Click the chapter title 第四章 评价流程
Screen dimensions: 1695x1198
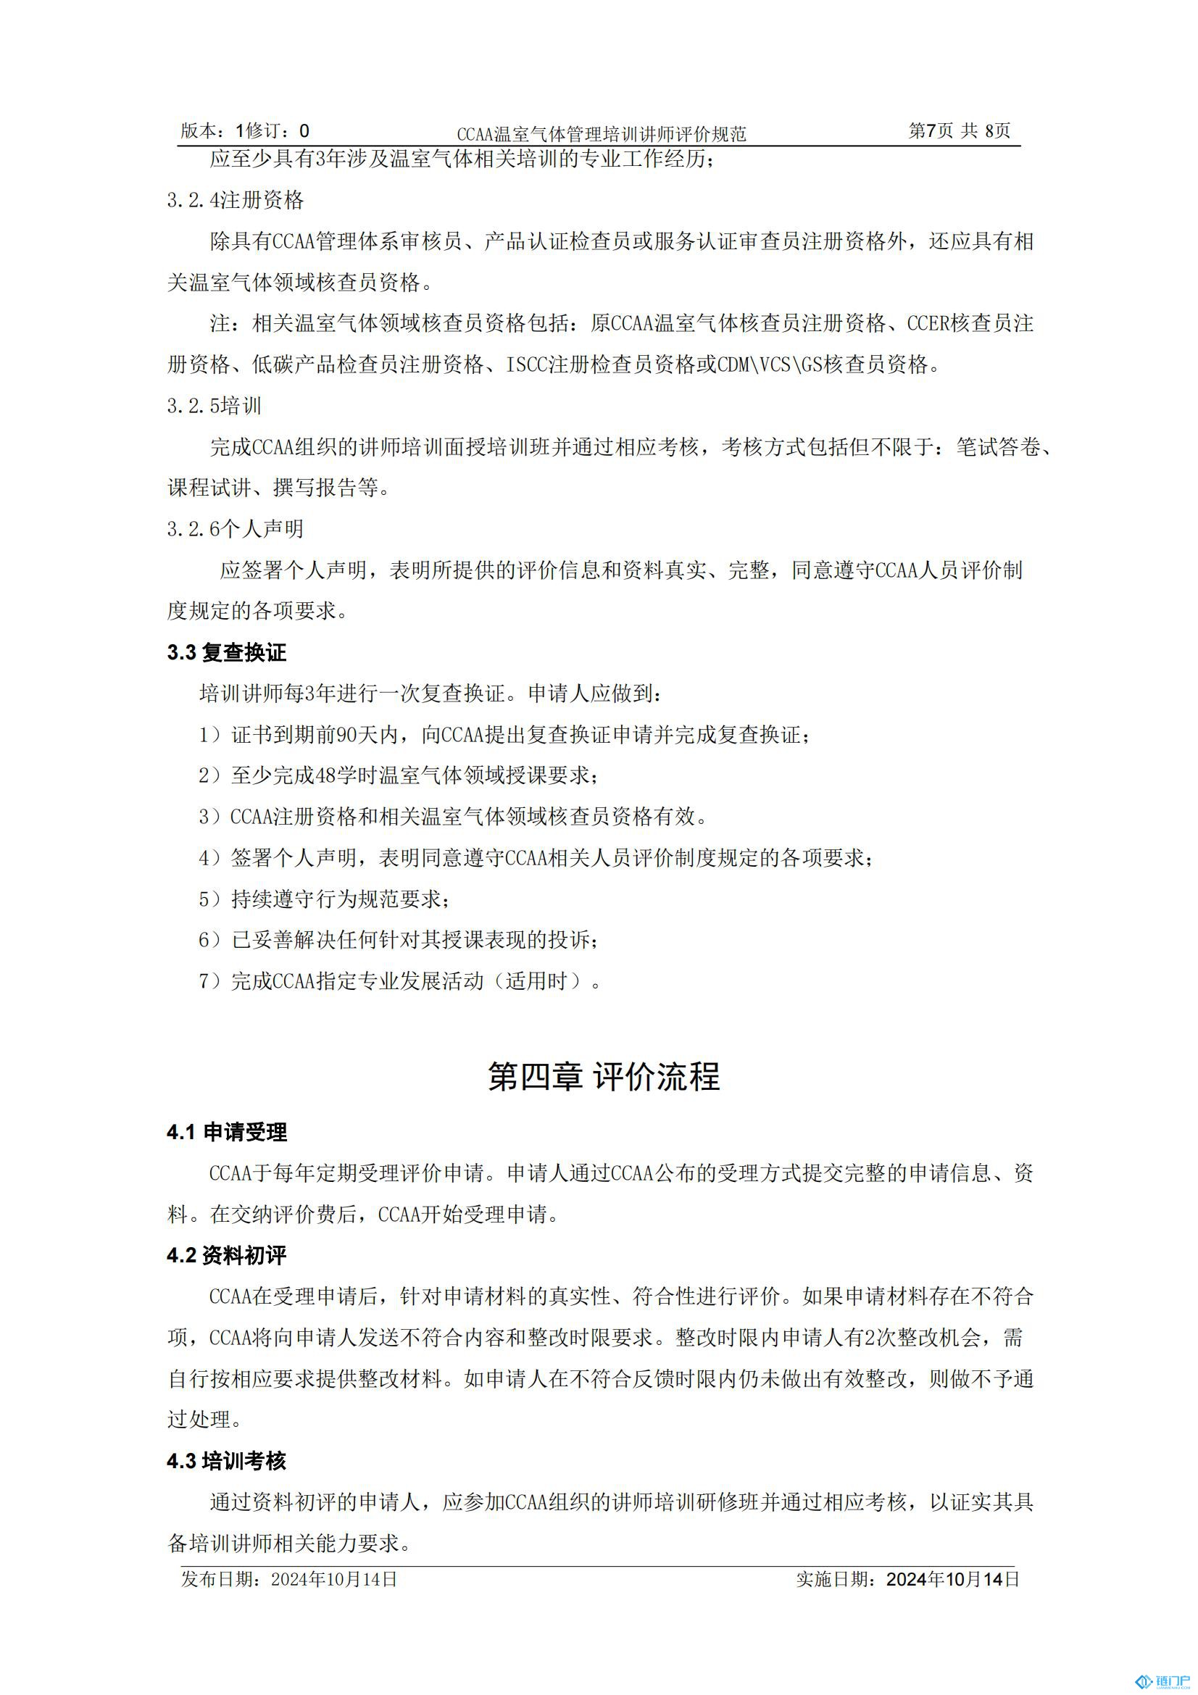coord(603,1076)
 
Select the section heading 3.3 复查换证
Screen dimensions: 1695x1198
coord(226,652)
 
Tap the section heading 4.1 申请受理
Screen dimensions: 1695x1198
coord(227,1132)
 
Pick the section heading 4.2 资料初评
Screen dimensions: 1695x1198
coord(226,1255)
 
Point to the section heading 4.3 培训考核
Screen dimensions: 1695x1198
coord(226,1460)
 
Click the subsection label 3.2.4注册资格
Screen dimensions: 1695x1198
coord(235,200)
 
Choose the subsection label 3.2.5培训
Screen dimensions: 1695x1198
coord(214,405)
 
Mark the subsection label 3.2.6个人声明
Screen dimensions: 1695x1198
coord(235,528)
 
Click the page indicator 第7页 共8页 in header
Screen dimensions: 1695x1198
coord(959,130)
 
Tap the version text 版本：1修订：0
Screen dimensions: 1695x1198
coord(244,130)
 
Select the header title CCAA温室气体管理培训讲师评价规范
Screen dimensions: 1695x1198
coord(601,133)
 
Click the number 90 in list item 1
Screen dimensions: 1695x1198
coord(347,735)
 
